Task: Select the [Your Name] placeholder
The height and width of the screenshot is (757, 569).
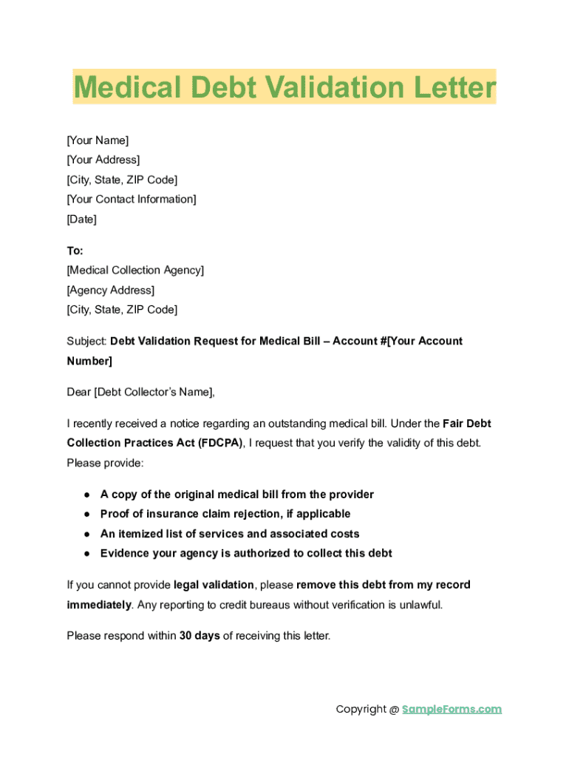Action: coord(98,140)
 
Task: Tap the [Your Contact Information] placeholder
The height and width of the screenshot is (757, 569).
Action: coord(132,199)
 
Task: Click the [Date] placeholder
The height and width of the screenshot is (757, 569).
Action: coord(81,219)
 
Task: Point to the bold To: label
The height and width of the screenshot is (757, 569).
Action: coord(75,251)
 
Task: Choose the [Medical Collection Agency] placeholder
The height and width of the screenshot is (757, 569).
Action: coord(135,271)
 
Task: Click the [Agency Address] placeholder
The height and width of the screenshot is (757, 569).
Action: coord(111,291)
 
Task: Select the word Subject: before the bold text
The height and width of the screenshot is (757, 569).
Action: coord(86,342)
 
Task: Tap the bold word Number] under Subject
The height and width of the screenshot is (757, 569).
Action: coord(89,361)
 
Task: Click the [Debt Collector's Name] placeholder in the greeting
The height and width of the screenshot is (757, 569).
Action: coord(154,392)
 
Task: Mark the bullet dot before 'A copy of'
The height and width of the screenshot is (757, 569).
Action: coord(86,495)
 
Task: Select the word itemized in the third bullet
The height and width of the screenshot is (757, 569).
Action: coord(144,534)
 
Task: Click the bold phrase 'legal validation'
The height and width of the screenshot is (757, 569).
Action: coord(214,585)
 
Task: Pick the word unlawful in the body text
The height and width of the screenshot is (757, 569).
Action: coord(420,605)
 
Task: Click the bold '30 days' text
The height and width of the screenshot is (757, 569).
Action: coord(200,636)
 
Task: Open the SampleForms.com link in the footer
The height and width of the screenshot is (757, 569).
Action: coord(452,710)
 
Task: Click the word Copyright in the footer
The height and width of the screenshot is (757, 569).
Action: coord(362,710)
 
